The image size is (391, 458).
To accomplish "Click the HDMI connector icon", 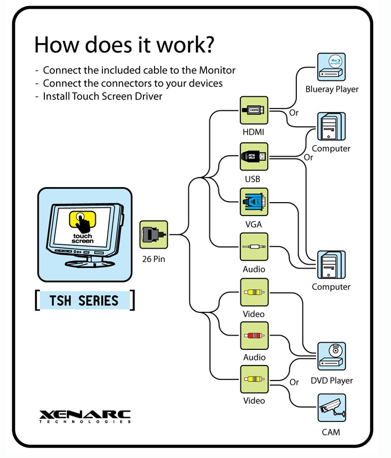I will click(x=254, y=110).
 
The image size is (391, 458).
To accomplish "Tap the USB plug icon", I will click(x=254, y=157).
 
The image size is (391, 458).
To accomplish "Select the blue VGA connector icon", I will click(x=254, y=202).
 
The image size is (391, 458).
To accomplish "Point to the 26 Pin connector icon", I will click(x=153, y=234).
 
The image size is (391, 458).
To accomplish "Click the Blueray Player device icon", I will click(x=331, y=67).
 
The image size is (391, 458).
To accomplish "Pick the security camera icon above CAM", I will click(x=331, y=408).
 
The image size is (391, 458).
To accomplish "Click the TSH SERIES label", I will click(x=84, y=301).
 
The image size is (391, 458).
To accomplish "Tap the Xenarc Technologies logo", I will click(x=85, y=416).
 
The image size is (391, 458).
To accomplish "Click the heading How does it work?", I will click(x=124, y=45).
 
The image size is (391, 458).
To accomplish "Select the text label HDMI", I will click(x=254, y=132).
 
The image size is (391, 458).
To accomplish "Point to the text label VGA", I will click(x=254, y=224).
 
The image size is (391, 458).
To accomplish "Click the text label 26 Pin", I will click(x=153, y=258).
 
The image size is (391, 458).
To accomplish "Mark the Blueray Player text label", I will click(x=332, y=89).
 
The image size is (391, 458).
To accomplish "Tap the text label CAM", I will click(x=331, y=432).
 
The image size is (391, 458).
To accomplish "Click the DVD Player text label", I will click(x=331, y=380).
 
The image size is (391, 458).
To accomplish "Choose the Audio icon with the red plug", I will click(x=254, y=336).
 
